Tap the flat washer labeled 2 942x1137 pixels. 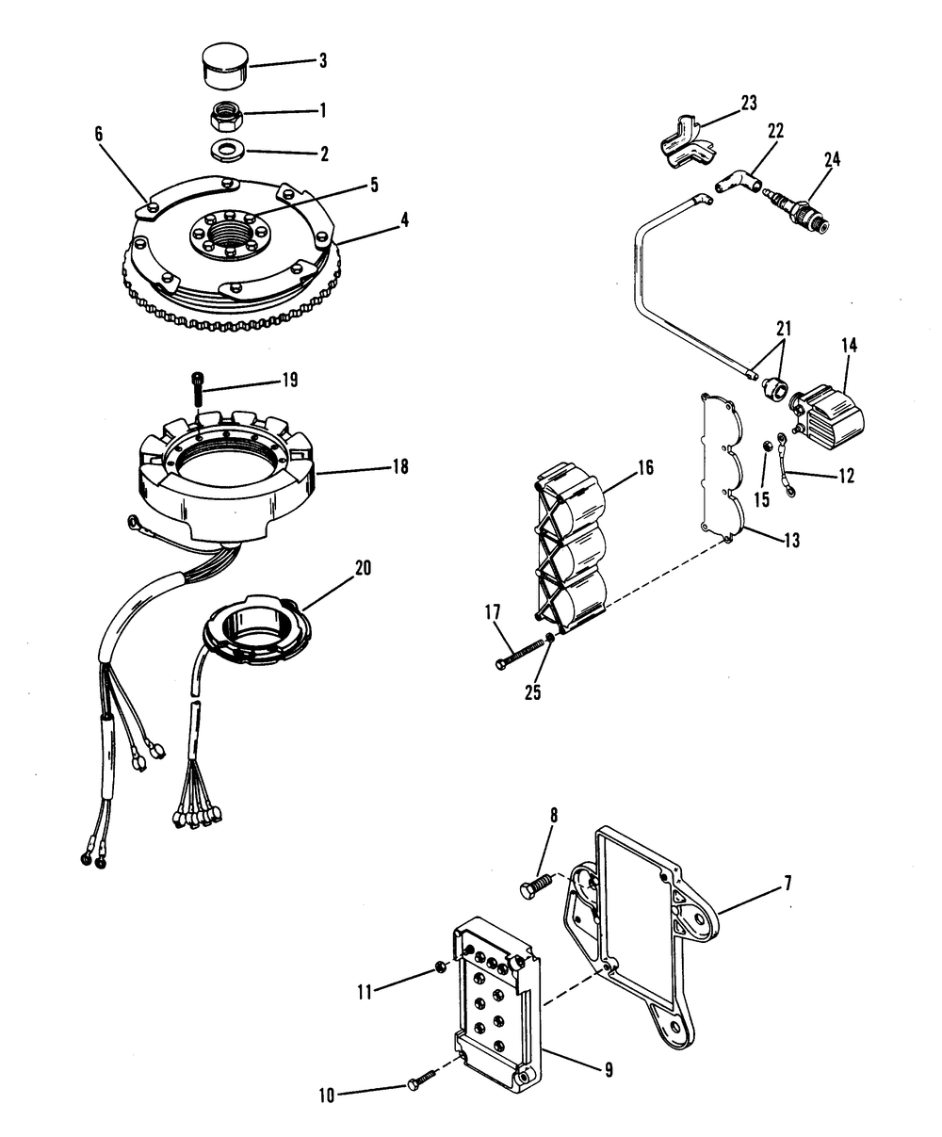coord(226,149)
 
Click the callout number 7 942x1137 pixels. coord(787,884)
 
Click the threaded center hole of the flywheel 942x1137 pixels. coord(227,230)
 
